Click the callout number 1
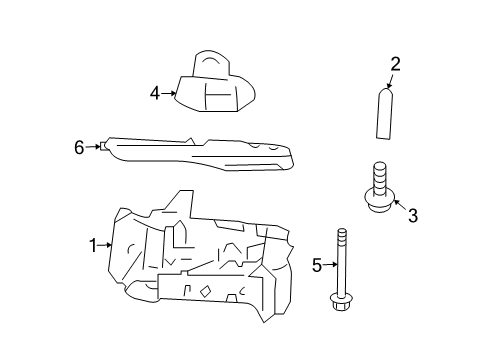[x=93, y=244]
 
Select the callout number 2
[x=395, y=65]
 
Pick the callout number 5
[x=317, y=265]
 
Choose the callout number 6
[x=79, y=147]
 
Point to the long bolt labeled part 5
[x=340, y=281]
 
